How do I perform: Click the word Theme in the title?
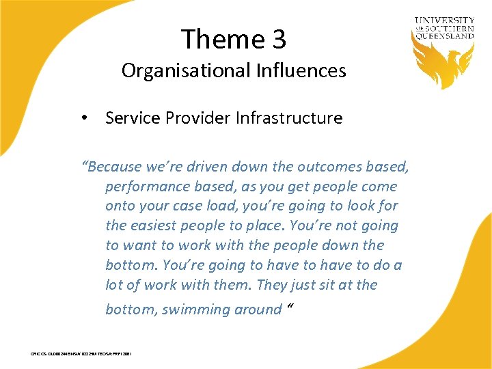click(221, 39)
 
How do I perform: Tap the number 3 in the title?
click(279, 39)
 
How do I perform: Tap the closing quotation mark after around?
click(290, 307)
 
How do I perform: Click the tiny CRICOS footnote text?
click(81, 354)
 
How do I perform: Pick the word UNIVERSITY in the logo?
click(445, 21)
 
